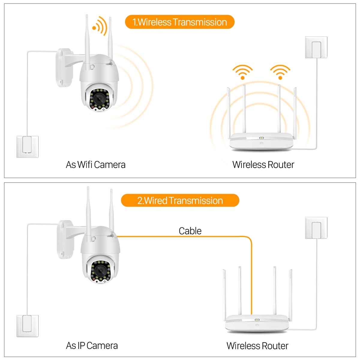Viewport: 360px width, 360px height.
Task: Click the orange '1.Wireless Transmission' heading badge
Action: (179, 22)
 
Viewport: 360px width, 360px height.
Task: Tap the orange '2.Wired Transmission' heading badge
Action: (180, 200)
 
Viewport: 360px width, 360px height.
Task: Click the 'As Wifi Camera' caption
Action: (95, 165)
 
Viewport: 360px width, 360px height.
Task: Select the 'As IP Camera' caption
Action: (92, 346)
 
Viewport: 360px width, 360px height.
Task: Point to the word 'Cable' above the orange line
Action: (190, 231)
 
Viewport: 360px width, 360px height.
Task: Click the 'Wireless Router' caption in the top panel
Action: (263, 165)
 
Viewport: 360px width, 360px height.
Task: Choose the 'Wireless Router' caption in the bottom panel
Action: (257, 346)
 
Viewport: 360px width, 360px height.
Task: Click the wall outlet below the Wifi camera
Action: (27, 147)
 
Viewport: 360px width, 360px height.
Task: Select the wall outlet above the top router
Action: (316, 47)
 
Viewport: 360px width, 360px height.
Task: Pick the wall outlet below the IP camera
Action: (27, 325)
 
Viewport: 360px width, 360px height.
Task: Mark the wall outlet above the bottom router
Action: (316, 228)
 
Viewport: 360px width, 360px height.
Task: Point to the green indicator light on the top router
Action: (261, 138)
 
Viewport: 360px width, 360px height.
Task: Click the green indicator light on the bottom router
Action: (257, 320)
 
